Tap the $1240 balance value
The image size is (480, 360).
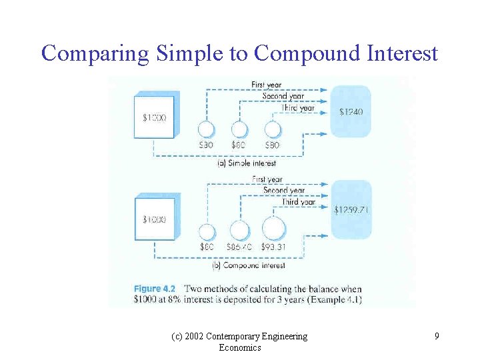(x=351, y=112)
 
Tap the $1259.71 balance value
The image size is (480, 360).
(x=351, y=209)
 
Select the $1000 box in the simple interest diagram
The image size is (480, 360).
(x=154, y=117)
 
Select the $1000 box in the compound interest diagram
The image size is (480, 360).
(x=155, y=219)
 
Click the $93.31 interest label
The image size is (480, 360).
(x=274, y=247)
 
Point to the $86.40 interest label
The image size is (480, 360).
(x=239, y=247)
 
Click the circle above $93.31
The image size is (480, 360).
(x=273, y=229)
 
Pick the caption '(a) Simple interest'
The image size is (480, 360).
(x=247, y=163)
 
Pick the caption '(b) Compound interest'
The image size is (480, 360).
(x=248, y=265)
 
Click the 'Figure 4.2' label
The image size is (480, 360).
(x=156, y=289)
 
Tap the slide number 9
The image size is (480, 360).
(x=437, y=337)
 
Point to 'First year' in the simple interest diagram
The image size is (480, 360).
(x=266, y=85)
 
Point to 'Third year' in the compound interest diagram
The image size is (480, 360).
(x=298, y=201)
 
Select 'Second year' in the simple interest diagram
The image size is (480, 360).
(x=283, y=96)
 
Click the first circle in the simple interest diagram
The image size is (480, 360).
(x=206, y=129)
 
